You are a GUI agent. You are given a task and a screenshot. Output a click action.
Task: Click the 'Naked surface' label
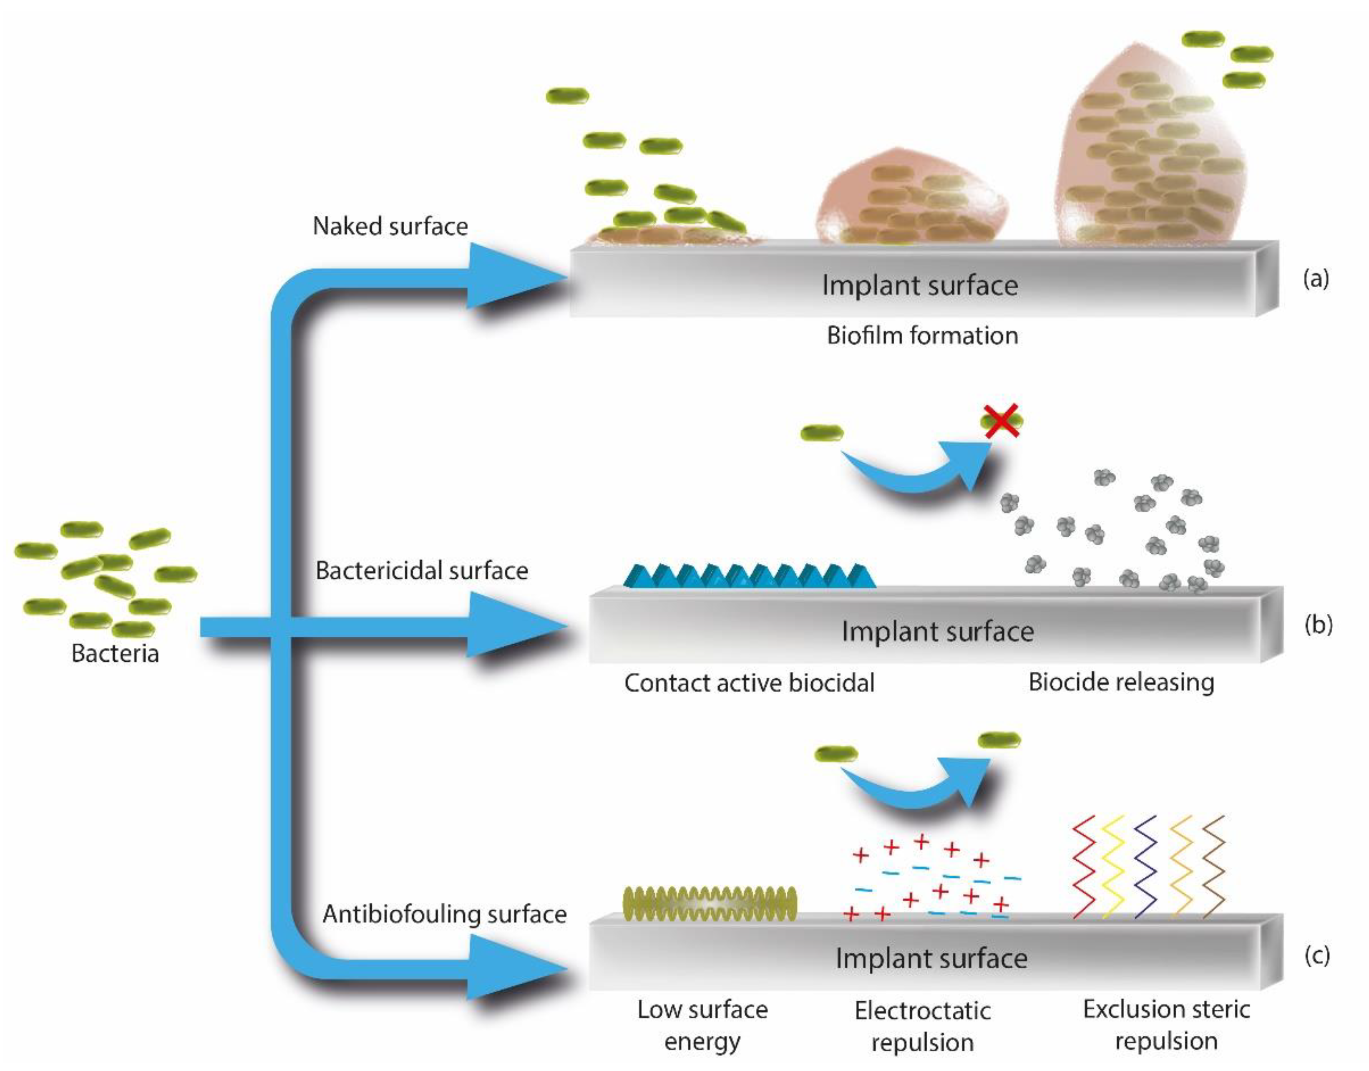390,227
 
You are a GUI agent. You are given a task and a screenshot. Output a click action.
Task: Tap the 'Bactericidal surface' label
421,571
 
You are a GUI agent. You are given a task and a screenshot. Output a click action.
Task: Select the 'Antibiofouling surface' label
444,914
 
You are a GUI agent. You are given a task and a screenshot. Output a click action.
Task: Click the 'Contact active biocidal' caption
749,683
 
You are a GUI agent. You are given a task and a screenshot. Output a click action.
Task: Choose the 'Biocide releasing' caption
1121,682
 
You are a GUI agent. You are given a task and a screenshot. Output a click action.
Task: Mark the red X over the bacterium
1001,420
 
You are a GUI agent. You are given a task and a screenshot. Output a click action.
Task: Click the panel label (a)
1316,278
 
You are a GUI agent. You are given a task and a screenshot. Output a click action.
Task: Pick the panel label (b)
1318,625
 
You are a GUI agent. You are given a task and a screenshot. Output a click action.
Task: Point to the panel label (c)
1316,955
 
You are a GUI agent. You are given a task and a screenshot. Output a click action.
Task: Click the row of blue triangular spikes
749,576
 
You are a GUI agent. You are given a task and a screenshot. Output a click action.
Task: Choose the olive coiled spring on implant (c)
710,904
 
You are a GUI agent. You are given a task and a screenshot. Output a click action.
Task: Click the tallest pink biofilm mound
1150,151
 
